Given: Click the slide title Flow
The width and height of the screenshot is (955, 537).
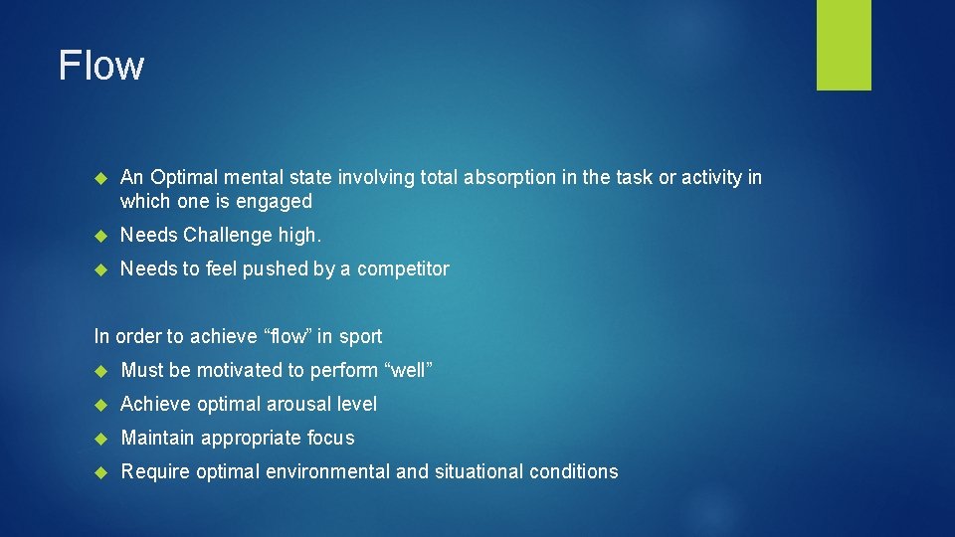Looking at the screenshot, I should [x=101, y=66].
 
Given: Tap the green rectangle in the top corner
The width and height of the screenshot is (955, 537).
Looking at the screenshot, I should [x=844, y=45].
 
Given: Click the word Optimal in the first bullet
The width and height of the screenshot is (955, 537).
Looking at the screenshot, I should [x=181, y=178].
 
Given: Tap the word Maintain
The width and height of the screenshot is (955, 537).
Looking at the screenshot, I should [x=157, y=439].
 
